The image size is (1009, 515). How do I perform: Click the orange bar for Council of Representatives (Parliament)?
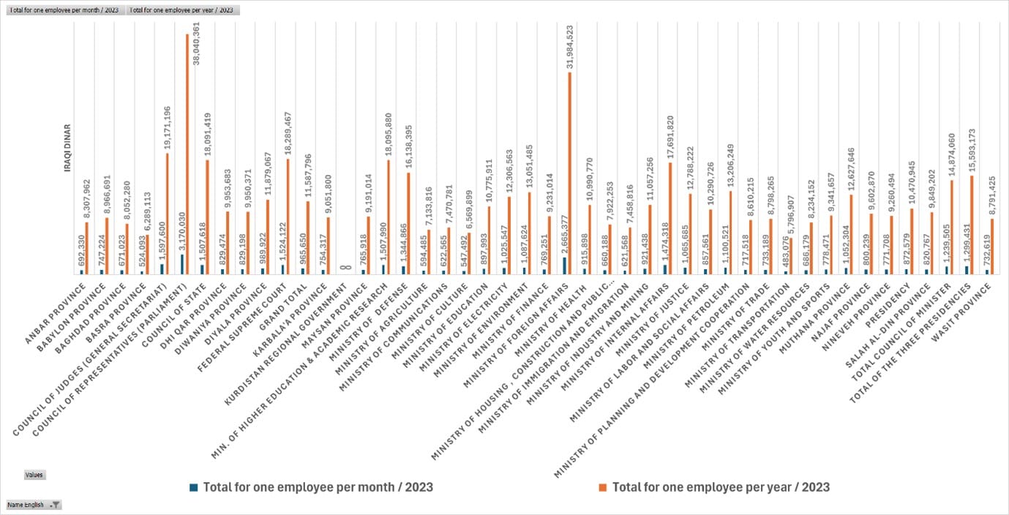187,154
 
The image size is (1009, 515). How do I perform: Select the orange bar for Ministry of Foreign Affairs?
569,173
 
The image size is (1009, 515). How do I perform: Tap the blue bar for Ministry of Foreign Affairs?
563,266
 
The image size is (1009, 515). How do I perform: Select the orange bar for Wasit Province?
992,246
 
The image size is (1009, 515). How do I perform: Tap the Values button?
34,475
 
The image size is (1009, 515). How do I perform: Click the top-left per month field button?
64,10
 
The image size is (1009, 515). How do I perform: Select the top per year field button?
184,10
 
